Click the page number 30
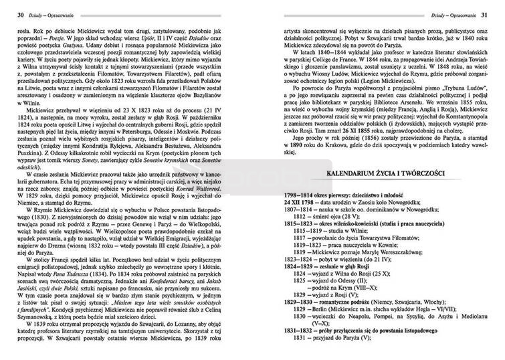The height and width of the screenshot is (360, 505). pyautogui.click(x=20, y=14)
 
